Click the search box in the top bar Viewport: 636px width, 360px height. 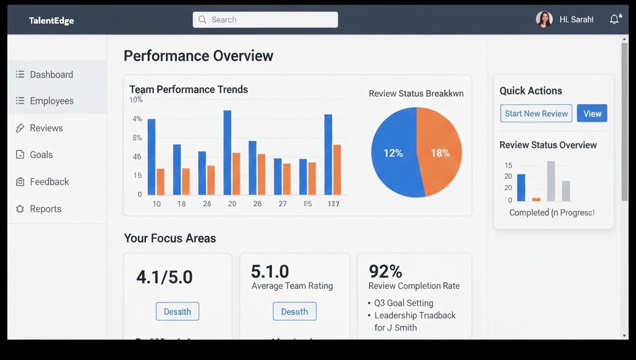point(265,20)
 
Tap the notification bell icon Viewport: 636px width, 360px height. point(614,19)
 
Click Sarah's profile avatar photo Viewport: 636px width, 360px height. point(544,19)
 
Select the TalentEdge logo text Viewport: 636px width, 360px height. point(52,20)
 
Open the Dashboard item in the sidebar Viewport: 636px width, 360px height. point(51,74)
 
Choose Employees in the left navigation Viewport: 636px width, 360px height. point(51,101)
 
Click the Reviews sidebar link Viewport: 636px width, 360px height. point(46,128)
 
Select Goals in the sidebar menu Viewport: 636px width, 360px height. point(41,155)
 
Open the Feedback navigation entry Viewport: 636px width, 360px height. point(49,182)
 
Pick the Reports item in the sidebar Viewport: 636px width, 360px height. point(45,209)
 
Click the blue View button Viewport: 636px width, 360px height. point(592,114)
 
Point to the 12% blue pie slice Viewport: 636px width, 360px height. point(393,153)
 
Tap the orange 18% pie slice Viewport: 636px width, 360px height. point(440,153)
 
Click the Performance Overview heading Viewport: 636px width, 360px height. point(198,56)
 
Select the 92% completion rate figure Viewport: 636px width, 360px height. point(386,271)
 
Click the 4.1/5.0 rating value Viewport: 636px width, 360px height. point(164,277)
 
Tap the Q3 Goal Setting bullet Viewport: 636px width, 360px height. point(404,304)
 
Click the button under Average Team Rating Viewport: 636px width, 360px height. point(294,312)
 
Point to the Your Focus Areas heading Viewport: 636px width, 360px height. point(170,238)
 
